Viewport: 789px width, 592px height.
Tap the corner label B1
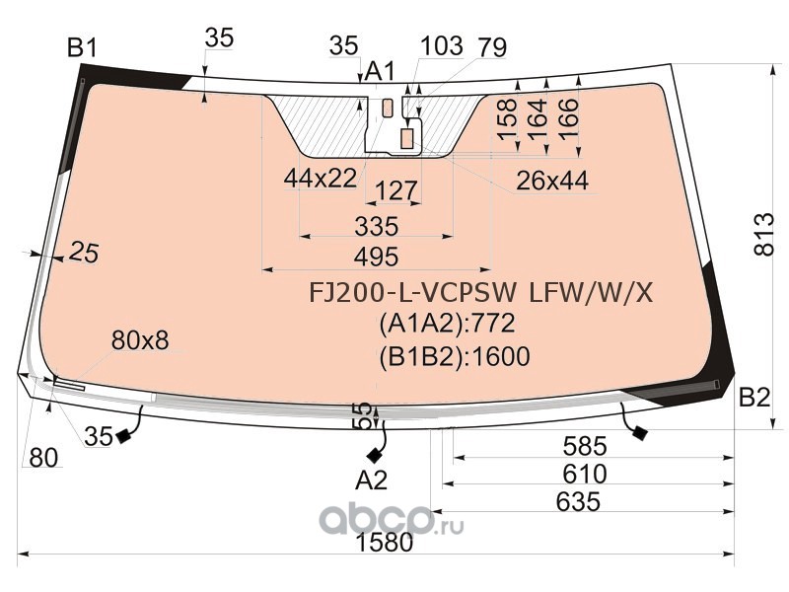[x=82, y=47]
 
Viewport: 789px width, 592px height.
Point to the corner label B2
[x=754, y=398]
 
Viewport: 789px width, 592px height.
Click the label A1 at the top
[x=380, y=71]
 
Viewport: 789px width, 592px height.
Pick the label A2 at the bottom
[x=371, y=481]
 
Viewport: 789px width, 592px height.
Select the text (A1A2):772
[x=447, y=325]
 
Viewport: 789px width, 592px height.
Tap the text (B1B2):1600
[x=454, y=356]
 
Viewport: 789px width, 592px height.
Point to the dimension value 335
[x=376, y=226]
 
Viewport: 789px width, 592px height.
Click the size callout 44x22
[x=320, y=178]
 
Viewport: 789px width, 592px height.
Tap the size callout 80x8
[x=140, y=341]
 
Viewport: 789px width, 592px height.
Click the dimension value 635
[x=578, y=501]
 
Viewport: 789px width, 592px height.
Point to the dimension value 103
[x=441, y=45]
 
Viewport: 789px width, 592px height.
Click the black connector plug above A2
[x=375, y=455]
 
